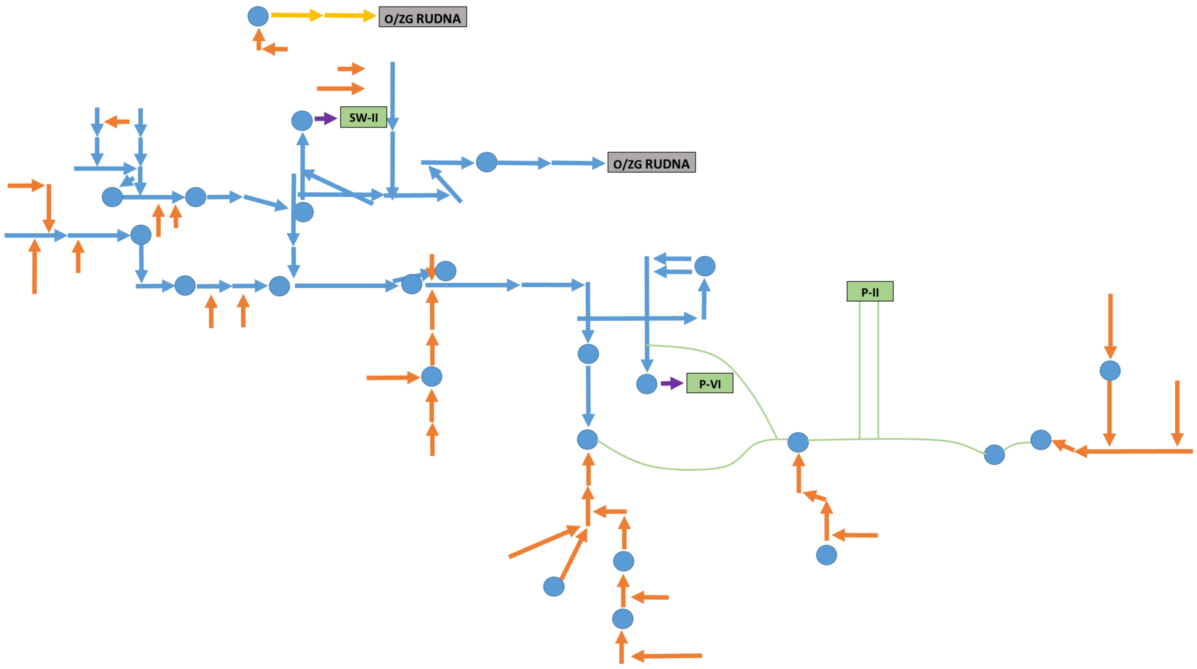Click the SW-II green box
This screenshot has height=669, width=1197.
(363, 117)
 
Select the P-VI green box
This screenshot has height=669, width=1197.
(709, 383)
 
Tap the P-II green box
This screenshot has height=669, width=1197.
(869, 291)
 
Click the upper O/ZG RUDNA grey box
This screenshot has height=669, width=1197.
(422, 17)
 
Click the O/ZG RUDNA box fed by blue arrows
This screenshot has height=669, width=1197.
(651, 162)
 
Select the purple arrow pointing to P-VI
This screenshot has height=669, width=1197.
(672, 383)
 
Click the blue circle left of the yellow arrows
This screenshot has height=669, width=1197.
(258, 16)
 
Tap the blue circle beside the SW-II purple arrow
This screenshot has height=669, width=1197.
(302, 121)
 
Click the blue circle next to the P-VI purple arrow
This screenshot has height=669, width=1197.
(646, 384)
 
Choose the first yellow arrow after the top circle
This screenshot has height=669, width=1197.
(296, 15)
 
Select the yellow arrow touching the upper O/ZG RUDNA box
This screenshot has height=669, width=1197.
(350, 16)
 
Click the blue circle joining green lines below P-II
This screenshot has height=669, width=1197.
(798, 442)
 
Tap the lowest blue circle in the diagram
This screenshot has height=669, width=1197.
(623, 619)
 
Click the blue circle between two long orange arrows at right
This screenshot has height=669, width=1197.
(1110, 371)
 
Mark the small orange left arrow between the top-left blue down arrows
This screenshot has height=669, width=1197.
(117, 122)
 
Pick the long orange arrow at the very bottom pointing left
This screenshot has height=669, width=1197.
(666, 656)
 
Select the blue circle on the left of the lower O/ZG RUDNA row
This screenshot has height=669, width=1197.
(487, 162)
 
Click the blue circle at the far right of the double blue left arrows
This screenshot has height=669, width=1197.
(704, 266)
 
